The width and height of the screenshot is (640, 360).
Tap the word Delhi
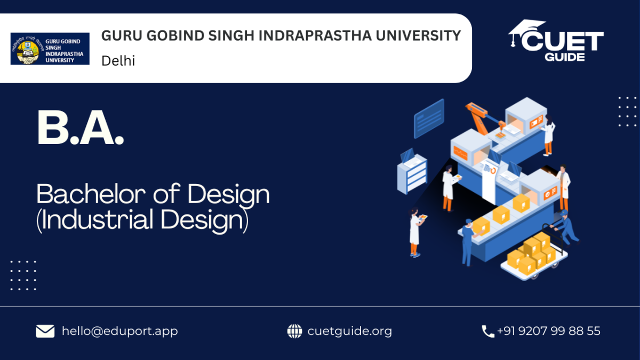pos(118,61)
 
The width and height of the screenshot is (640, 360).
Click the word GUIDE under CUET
pos(565,57)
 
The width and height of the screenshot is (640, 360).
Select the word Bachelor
pos(91,194)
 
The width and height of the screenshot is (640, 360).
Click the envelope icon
pos(45,331)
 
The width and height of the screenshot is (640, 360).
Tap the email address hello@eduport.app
pos(119,331)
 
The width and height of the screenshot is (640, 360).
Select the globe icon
pos(294,331)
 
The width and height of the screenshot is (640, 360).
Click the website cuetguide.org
pos(350,331)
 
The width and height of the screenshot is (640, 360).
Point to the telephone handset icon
pos(487,331)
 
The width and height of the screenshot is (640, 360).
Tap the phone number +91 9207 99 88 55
pos(549,331)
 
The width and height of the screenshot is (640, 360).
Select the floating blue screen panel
pos(429,118)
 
